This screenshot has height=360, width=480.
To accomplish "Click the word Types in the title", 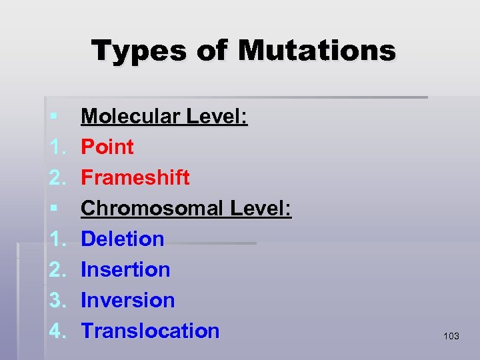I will (x=130, y=51).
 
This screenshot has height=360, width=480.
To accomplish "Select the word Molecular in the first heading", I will (x=131, y=117).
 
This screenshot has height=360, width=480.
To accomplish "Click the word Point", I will (x=107, y=147).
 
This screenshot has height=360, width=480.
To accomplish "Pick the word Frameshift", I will (x=135, y=178).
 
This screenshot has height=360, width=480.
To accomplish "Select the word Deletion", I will (x=123, y=239).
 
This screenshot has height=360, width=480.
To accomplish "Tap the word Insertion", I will (x=125, y=269).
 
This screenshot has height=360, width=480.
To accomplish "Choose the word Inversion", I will (x=128, y=300).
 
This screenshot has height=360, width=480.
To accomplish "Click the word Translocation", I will (x=150, y=331).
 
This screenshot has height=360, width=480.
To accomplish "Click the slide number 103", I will (x=451, y=336).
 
